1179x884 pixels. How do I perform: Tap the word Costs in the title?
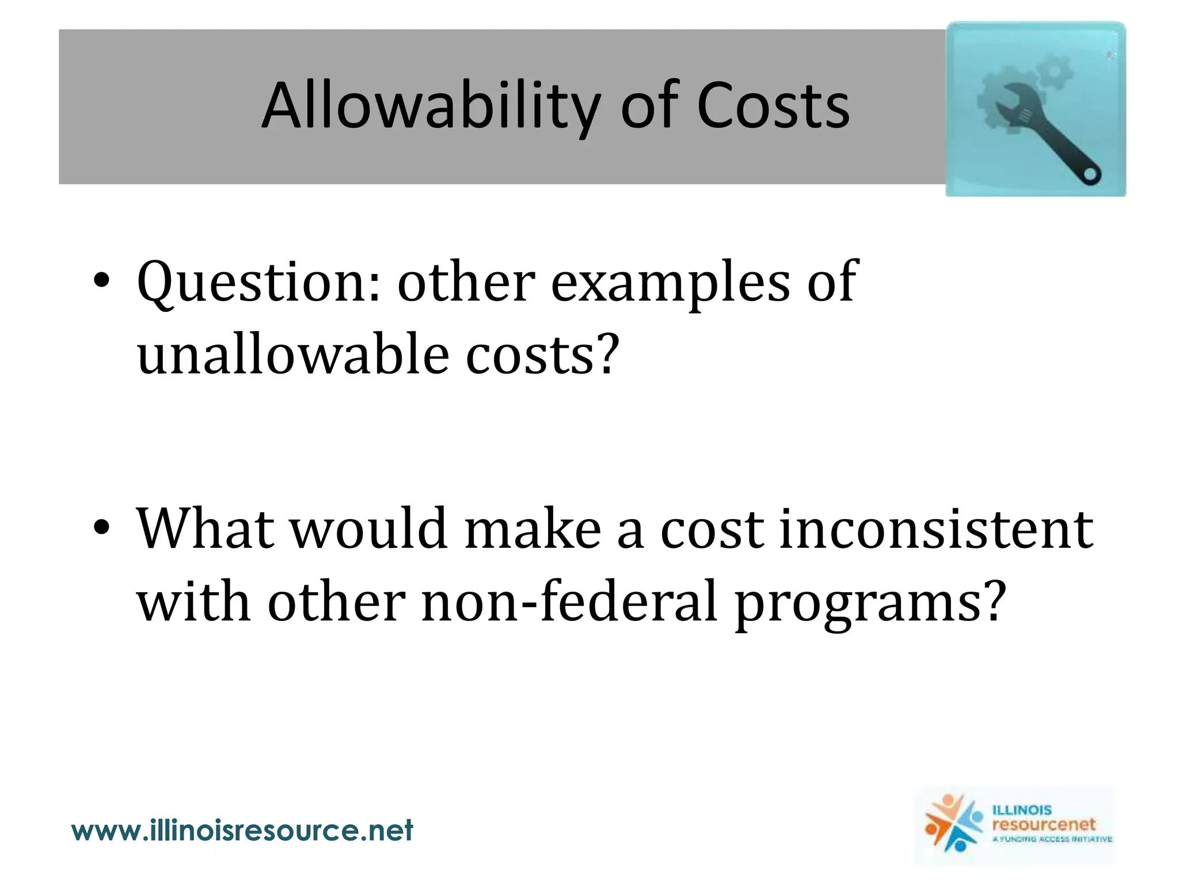773,107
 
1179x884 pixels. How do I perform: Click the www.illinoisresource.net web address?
242,830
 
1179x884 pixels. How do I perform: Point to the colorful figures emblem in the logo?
953,824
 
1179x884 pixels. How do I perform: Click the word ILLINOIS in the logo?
1022,810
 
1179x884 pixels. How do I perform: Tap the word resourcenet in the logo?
1043,824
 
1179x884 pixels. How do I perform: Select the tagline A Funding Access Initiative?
1052,839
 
